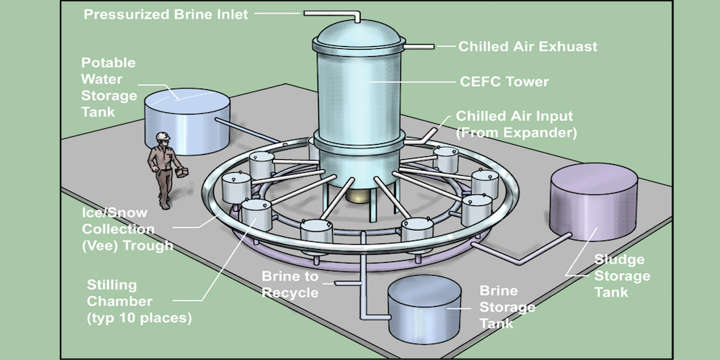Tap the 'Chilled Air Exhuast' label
point(528,47)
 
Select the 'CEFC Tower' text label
point(504,81)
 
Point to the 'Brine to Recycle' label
point(289,284)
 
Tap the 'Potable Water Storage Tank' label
point(109,87)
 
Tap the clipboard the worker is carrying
point(182,173)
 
